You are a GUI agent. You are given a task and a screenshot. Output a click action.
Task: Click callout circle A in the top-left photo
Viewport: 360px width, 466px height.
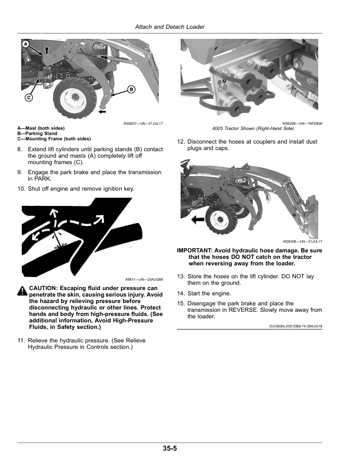pos(26,44)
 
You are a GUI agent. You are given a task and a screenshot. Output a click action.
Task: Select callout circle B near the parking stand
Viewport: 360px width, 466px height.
pos(131,89)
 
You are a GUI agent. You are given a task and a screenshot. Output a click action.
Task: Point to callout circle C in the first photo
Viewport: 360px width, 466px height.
pos(28,98)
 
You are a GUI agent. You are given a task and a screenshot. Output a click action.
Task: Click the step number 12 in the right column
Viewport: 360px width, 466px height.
pos(181,141)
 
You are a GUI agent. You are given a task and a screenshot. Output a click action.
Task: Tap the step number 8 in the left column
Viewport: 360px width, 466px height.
pos(21,149)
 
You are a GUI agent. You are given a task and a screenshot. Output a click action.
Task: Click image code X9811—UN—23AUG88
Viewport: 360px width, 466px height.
pos(143,278)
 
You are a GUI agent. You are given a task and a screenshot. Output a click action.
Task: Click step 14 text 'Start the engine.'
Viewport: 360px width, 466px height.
pos(209,293)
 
